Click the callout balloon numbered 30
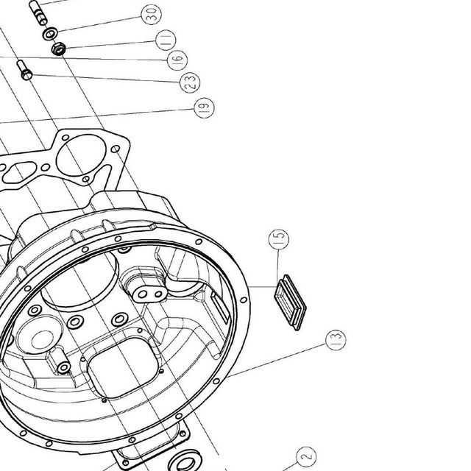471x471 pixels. (152, 14)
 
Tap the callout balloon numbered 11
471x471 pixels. (166, 40)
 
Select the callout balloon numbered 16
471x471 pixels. (177, 60)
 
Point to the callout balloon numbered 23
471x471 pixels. (190, 82)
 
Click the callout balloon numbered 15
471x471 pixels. (279, 239)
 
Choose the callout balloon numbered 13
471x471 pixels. (336, 340)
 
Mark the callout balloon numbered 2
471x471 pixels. (306, 457)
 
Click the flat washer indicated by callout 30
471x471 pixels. (50, 33)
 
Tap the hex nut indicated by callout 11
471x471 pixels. (58, 49)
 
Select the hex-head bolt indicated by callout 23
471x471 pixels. (24, 70)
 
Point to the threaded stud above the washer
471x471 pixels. (38, 13)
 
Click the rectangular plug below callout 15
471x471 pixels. (290, 302)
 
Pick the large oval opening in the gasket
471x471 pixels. (81, 155)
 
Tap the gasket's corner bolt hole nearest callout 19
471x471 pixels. (116, 149)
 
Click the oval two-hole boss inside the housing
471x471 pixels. (149, 294)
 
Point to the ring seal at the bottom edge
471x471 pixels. (185, 461)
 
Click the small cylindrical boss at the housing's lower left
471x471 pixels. (59, 361)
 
